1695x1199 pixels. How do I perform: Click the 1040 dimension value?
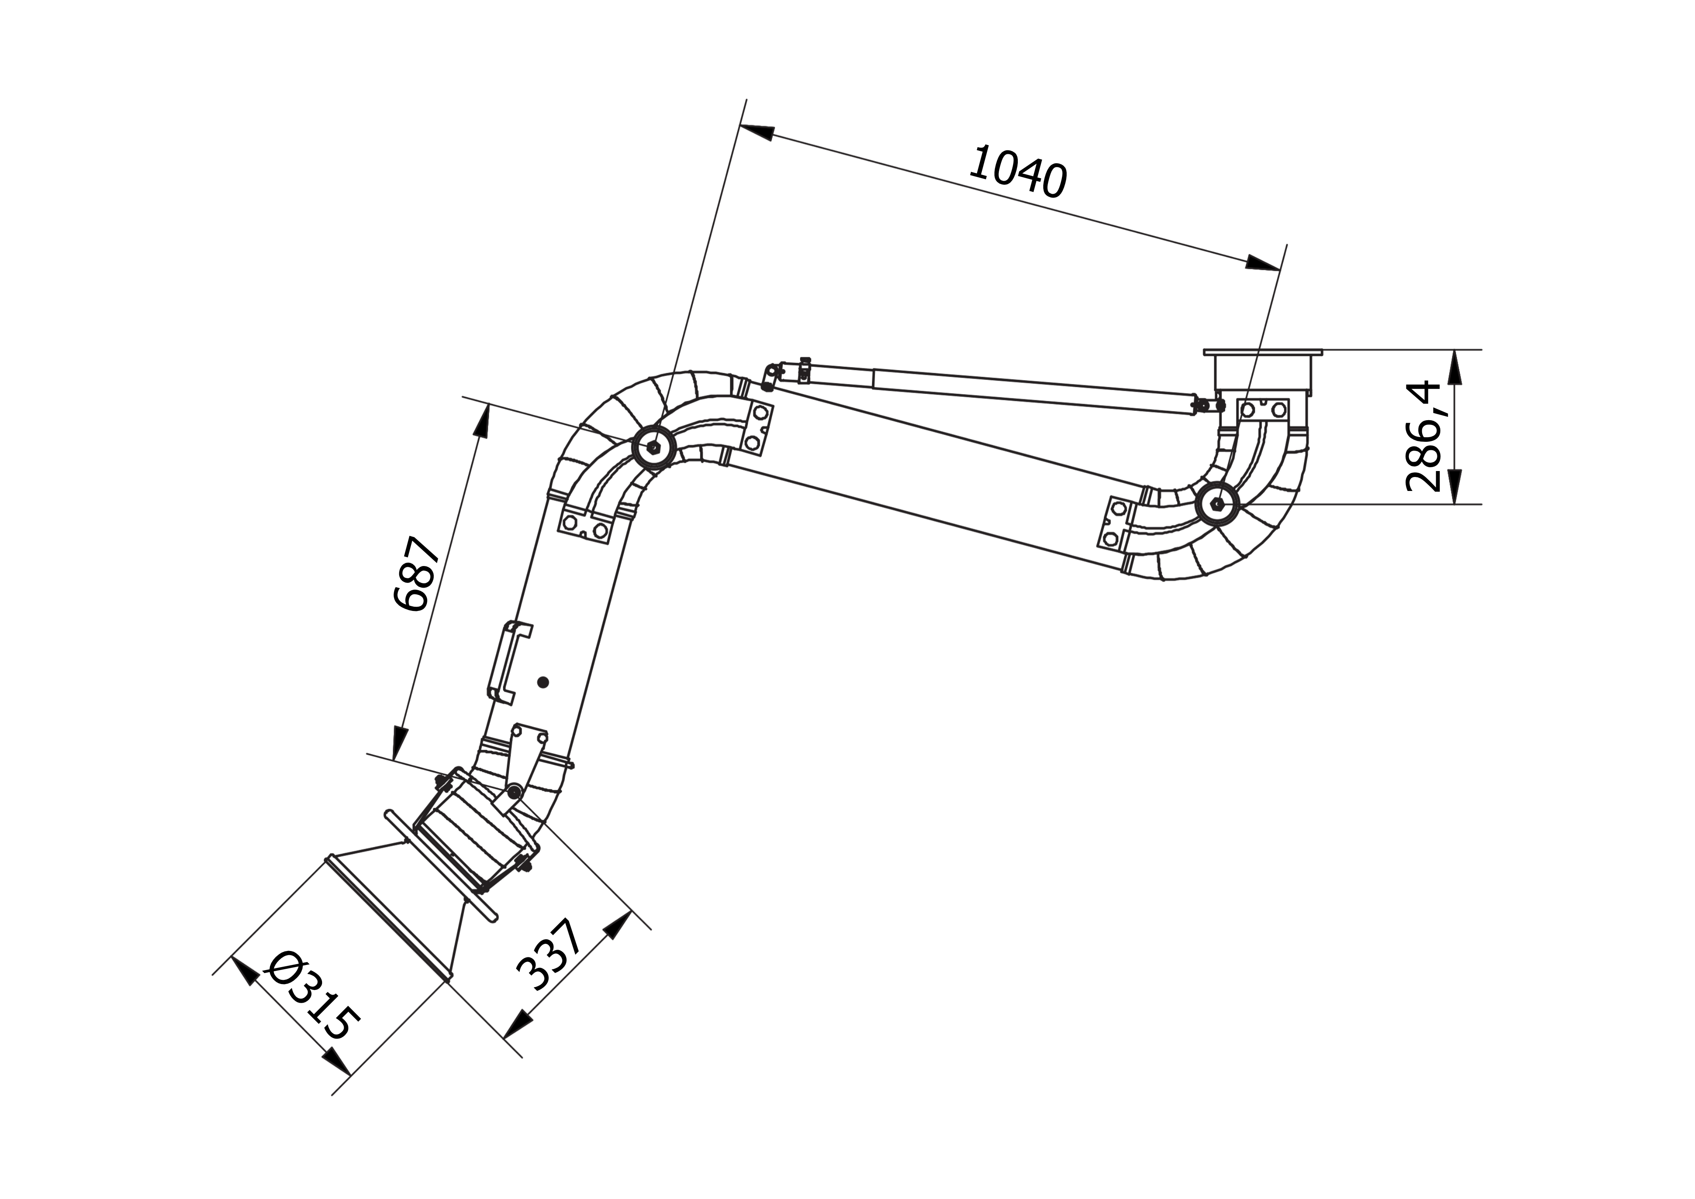click(x=1017, y=173)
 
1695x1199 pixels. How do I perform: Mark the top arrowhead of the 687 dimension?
click(x=481, y=423)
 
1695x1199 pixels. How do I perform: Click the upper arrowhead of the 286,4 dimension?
click(x=1455, y=368)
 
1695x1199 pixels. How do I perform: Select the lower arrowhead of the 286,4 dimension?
click(x=1455, y=486)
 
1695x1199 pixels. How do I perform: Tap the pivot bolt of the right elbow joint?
click(x=1216, y=505)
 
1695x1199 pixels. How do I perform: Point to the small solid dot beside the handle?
click(x=543, y=682)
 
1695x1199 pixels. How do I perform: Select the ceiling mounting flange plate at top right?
click(x=1262, y=352)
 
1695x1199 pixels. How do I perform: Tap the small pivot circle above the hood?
click(x=514, y=793)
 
